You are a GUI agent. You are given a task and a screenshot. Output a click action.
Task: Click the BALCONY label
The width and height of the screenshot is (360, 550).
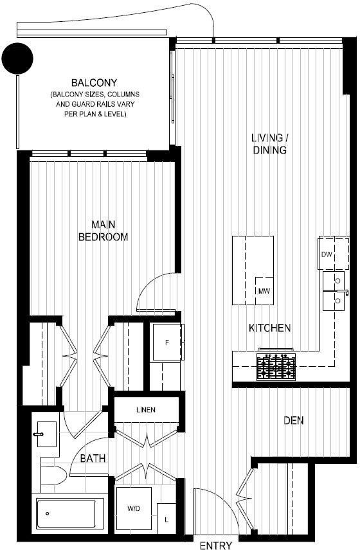[x=94, y=83]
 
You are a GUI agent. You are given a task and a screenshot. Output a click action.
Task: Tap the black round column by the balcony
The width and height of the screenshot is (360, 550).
[x=17, y=58]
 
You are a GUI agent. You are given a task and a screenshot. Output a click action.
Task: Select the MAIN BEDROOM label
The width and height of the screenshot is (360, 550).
[x=103, y=231]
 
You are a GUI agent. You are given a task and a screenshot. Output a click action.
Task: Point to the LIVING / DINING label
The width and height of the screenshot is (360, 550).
[x=269, y=144]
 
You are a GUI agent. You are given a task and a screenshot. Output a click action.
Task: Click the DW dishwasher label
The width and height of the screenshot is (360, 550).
[x=327, y=254]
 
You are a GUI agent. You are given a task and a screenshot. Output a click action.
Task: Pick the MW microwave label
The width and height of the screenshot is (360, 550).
[x=264, y=291]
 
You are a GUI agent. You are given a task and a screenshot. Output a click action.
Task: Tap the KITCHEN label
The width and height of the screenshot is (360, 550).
[x=269, y=328]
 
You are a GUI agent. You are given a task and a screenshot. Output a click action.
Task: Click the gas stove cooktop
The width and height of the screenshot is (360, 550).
[x=276, y=367]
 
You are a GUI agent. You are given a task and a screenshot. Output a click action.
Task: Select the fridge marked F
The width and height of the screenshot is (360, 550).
[x=167, y=342]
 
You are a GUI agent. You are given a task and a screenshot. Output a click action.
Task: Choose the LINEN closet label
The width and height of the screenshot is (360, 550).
[x=146, y=410]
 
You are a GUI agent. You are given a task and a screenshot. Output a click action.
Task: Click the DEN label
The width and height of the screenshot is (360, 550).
[x=294, y=420]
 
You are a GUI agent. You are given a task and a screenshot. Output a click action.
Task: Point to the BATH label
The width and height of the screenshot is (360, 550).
[x=93, y=458]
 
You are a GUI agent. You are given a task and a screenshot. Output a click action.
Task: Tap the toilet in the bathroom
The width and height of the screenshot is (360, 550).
[x=54, y=475]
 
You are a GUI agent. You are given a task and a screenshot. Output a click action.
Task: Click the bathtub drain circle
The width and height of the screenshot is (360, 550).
[x=48, y=514]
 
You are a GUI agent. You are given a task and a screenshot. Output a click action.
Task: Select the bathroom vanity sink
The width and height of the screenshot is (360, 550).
[x=46, y=434]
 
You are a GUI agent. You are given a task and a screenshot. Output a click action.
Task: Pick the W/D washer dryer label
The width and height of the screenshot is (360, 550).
[x=134, y=508]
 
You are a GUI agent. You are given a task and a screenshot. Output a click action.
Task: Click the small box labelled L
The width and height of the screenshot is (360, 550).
[x=166, y=519]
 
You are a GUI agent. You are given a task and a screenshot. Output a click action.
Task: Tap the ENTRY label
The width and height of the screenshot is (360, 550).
[x=216, y=545]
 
